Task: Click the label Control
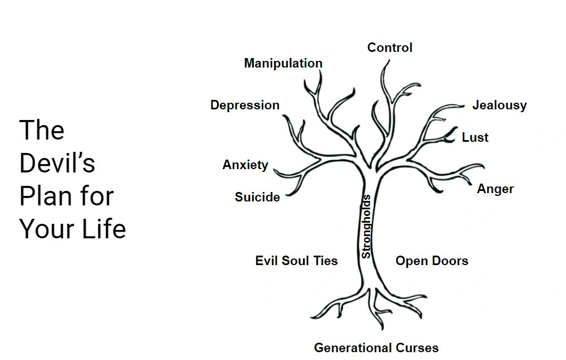tap(390, 48)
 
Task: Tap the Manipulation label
tap(283, 64)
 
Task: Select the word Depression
tap(244, 105)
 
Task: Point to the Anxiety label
tap(245, 165)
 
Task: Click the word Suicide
tap(257, 197)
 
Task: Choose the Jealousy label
tap(499, 105)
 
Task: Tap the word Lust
tap(475, 138)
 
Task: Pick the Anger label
tap(495, 189)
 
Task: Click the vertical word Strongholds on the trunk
tap(366, 226)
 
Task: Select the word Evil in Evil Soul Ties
tap(267, 261)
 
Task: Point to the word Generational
tap(353, 348)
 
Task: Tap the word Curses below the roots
tap(418, 348)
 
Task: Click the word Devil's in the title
tap(57, 163)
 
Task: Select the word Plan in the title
tap(42, 196)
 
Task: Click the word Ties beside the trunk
tap(325, 261)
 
